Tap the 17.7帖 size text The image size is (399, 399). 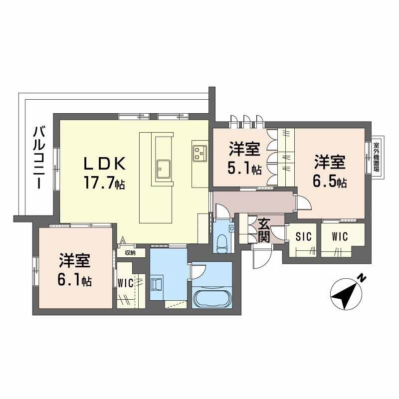coord(106,183)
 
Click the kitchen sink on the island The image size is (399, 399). coord(163,168)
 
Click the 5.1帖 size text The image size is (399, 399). coord(244,169)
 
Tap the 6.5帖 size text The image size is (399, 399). coord(330,181)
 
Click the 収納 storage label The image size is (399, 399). coord(130,253)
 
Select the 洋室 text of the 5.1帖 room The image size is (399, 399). coord(244,149)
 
